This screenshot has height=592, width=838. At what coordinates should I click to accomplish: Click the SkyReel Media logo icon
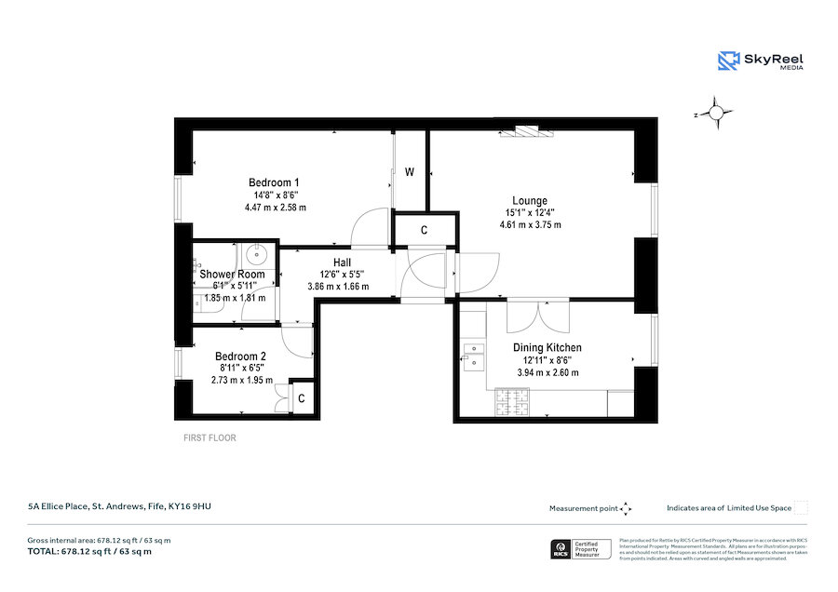(729, 61)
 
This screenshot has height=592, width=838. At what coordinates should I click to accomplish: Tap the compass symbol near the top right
(715, 114)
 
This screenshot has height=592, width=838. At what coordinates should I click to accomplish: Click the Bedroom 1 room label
(274, 182)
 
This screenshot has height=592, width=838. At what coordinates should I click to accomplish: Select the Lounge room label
(530, 200)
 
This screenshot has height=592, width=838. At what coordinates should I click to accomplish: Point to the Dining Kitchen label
(547, 347)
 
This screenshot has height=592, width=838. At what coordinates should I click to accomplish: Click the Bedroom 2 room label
(241, 356)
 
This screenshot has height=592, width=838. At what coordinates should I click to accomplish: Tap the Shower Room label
(233, 274)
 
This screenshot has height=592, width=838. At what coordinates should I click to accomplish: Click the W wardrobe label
(410, 172)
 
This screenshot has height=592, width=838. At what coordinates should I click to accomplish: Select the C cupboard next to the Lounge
(425, 229)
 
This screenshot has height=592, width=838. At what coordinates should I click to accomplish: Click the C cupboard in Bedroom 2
(302, 397)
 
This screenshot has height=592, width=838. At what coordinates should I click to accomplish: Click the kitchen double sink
(474, 354)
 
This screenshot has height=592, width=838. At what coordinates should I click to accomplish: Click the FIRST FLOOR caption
(209, 437)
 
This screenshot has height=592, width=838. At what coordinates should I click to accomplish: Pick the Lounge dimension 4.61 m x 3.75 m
(530, 224)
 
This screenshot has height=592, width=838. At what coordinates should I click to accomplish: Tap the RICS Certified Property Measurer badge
(583, 549)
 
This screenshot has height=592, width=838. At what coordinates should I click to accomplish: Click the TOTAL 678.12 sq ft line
(89, 552)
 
